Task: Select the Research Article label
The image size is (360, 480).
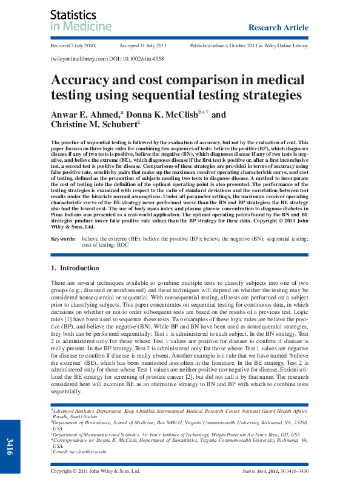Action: click(x=278, y=27)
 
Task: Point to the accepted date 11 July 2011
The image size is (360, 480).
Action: click(x=142, y=46)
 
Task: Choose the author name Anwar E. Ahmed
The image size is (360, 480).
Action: click(x=87, y=114)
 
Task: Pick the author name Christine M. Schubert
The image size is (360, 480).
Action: click(x=94, y=125)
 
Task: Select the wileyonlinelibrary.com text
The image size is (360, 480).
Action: click(x=81, y=59)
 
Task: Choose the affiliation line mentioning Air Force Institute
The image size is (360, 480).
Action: click(x=182, y=435)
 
